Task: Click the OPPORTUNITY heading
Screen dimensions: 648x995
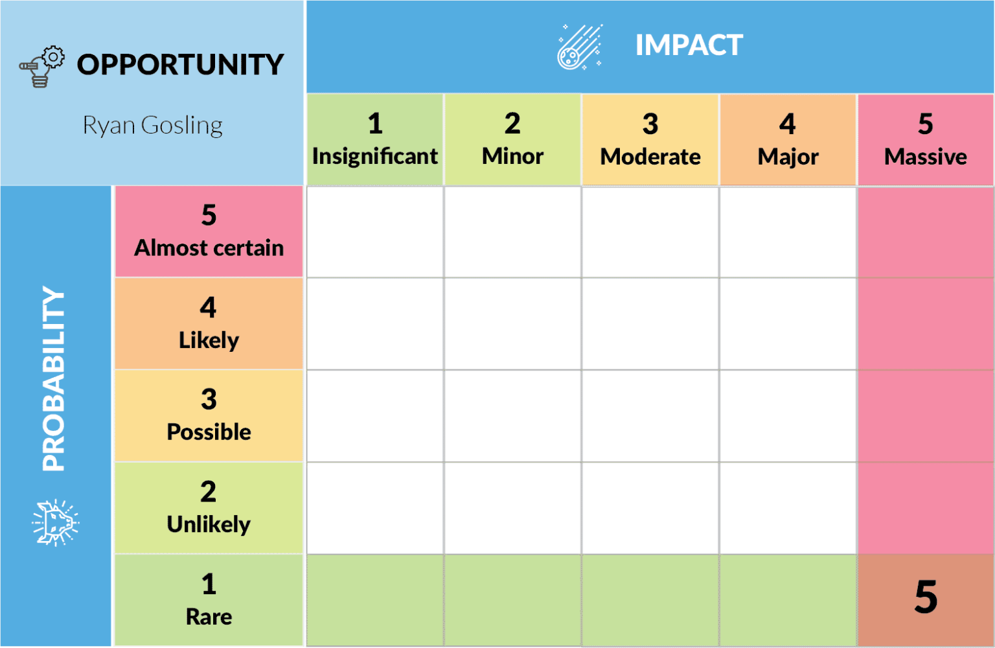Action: [x=180, y=65]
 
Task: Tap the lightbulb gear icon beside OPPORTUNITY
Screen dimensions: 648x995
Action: [x=42, y=66]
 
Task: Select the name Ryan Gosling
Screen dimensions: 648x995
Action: [x=153, y=125]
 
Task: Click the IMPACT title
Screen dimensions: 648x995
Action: [x=689, y=45]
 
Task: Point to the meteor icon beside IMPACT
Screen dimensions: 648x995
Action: [x=579, y=47]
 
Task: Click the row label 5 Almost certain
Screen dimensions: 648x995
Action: [x=209, y=232]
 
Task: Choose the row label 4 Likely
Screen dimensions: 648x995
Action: [x=209, y=324]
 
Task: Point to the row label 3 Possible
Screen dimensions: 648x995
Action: [x=209, y=416]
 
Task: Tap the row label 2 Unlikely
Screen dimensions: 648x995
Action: [x=209, y=508]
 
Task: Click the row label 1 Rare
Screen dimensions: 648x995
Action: [x=209, y=600]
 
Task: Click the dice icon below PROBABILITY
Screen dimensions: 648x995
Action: [x=56, y=522]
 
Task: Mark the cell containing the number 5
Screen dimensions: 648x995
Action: [x=926, y=599]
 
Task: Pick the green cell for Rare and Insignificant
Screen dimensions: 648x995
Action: [x=375, y=600]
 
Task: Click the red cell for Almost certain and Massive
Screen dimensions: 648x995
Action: [x=926, y=232]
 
